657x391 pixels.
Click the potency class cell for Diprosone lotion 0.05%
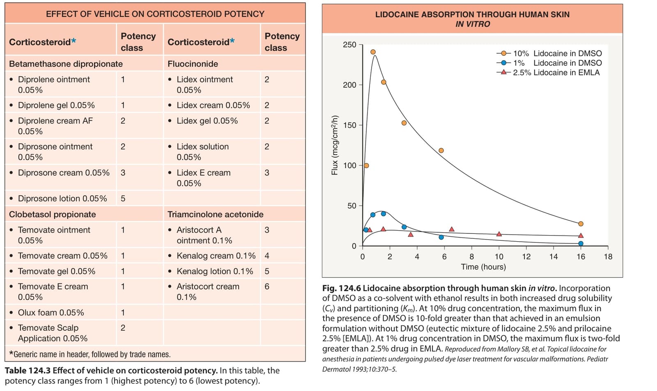[123, 199]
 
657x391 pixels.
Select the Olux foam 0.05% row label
[51, 313]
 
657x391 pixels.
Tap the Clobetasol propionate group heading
[53, 214]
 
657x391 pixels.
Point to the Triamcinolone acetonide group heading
[215, 214]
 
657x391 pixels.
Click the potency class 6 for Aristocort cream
[266, 286]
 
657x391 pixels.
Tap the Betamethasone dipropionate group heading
[66, 64]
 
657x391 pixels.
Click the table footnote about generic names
[90, 354]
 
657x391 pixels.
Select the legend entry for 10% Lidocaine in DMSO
[549, 53]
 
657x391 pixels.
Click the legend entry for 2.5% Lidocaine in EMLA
[548, 72]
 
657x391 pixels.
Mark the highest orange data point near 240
[373, 52]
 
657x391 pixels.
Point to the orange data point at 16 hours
[581, 224]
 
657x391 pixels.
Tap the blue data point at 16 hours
[581, 243]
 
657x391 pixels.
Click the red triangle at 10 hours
[499, 233]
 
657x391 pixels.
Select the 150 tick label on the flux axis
[349, 125]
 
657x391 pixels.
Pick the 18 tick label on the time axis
[608, 257]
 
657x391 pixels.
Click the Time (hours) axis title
[483, 267]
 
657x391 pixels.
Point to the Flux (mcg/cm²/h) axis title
[335, 145]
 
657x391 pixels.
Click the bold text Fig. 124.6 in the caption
[341, 288]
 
